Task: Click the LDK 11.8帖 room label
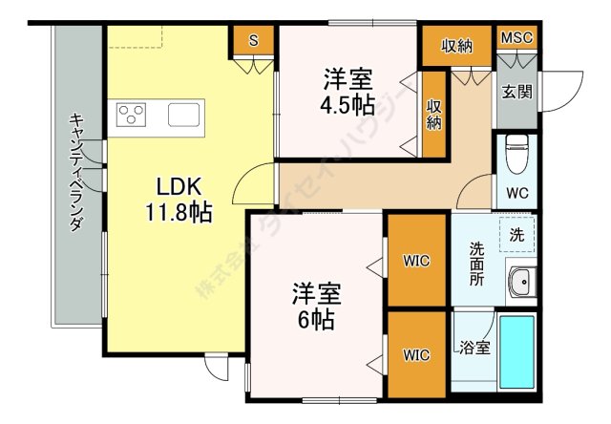pyautogui.click(x=179, y=200)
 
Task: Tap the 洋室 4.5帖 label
pyautogui.click(x=348, y=93)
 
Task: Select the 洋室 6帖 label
pyautogui.click(x=316, y=306)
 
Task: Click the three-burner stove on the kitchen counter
pyautogui.click(x=132, y=115)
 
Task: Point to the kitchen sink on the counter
pyautogui.click(x=184, y=115)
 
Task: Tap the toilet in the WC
pyautogui.click(x=516, y=153)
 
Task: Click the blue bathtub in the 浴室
pyautogui.click(x=516, y=352)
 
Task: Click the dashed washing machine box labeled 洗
pyautogui.click(x=517, y=235)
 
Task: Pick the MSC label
pyautogui.click(x=516, y=38)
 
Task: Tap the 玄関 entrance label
pyautogui.click(x=516, y=93)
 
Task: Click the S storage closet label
pyautogui.click(x=254, y=40)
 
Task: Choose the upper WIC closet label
pyautogui.click(x=416, y=261)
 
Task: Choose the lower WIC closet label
pyautogui.click(x=416, y=355)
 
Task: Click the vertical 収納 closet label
pyautogui.click(x=434, y=115)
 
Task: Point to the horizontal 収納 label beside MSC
pyautogui.click(x=456, y=47)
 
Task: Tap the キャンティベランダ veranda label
pyautogui.click(x=76, y=173)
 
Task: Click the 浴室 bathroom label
pyautogui.click(x=474, y=348)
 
